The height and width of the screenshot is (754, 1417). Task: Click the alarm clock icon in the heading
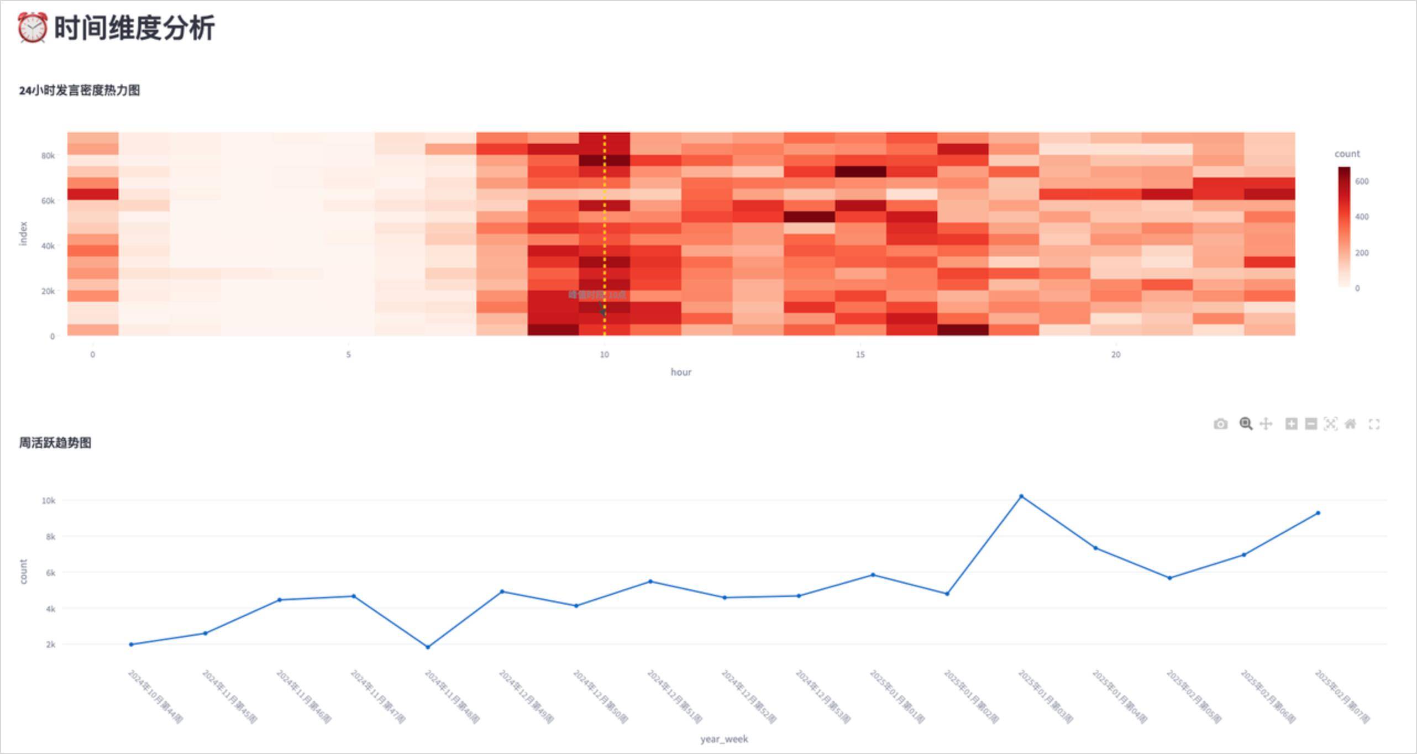(x=32, y=28)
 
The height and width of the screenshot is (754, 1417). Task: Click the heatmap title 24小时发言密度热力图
(x=79, y=90)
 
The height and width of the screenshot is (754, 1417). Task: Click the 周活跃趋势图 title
(x=55, y=443)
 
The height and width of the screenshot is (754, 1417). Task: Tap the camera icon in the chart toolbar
(x=1220, y=424)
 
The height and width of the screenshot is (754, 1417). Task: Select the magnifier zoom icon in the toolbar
(x=1245, y=424)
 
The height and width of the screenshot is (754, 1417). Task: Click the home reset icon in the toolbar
(x=1350, y=424)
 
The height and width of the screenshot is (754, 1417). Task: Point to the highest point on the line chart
(x=1021, y=496)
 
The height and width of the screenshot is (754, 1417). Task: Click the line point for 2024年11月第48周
(x=428, y=647)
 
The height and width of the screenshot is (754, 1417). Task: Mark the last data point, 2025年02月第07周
(x=1318, y=513)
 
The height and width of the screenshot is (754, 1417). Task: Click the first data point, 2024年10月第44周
(x=131, y=644)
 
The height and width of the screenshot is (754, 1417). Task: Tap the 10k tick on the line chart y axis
(x=49, y=500)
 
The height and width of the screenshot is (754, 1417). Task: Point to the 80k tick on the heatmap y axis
(x=48, y=156)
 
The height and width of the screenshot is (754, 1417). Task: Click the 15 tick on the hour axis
(x=860, y=354)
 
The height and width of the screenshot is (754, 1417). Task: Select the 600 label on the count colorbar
(x=1362, y=181)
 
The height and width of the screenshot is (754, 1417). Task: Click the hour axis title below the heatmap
(x=681, y=372)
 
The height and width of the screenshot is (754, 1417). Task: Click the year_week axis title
(x=724, y=739)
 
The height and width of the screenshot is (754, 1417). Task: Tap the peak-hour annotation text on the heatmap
(x=597, y=295)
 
